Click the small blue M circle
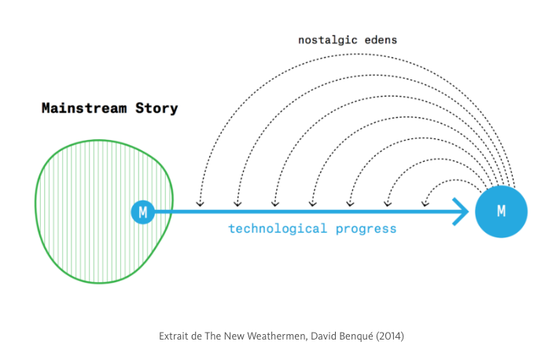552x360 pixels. (x=142, y=212)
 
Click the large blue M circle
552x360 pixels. (x=501, y=211)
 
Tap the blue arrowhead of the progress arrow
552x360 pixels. (x=461, y=211)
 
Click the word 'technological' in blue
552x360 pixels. (x=278, y=229)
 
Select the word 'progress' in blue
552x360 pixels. (x=366, y=230)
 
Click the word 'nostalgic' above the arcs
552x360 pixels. (x=328, y=40)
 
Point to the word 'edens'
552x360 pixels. (x=381, y=40)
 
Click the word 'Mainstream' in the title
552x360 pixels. (x=84, y=108)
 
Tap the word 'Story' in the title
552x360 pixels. (x=156, y=108)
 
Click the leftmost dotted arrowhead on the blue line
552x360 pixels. (x=200, y=204)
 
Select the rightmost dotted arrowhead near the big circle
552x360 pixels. (x=425, y=204)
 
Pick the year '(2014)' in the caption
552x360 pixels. (x=390, y=336)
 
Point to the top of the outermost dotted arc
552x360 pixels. (x=357, y=54)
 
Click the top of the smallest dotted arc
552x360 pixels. (x=455, y=180)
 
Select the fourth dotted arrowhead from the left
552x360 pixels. (x=313, y=204)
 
